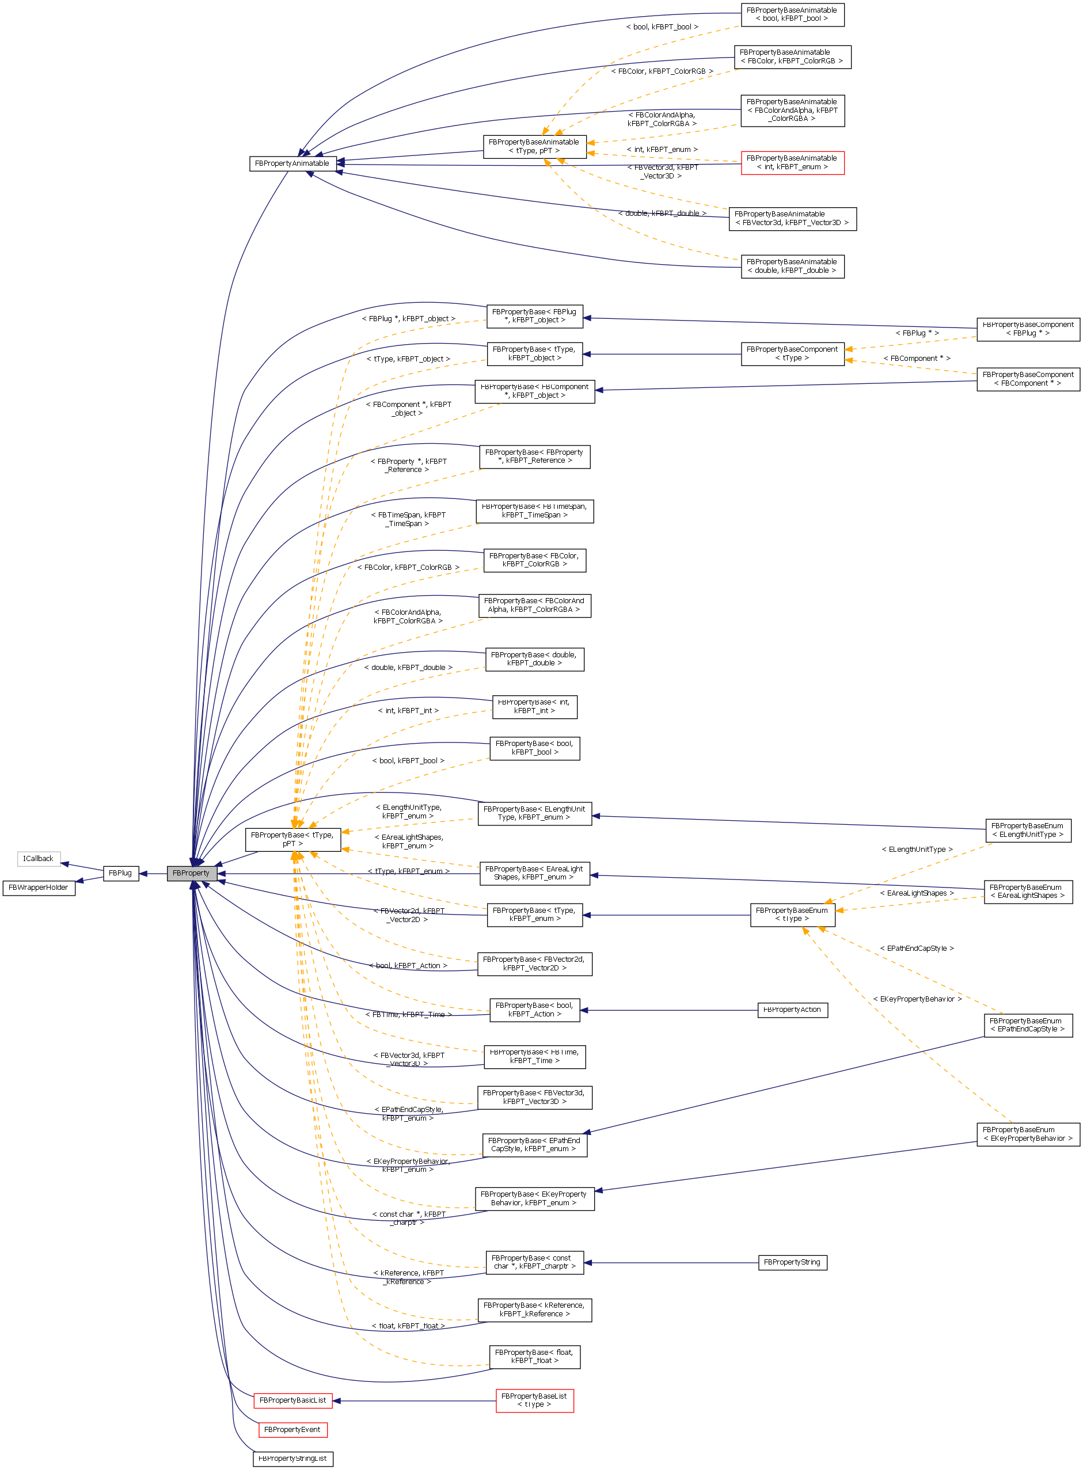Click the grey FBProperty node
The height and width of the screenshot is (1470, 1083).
tap(191, 873)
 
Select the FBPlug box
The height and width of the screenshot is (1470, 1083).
tap(121, 873)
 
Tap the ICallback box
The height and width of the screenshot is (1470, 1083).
tap(39, 859)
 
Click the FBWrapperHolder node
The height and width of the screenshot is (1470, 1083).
tap(39, 888)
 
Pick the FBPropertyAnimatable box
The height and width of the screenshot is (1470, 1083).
tap(292, 163)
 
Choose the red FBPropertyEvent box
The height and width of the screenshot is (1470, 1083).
tap(292, 1429)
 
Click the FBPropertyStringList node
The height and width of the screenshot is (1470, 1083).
tap(292, 1458)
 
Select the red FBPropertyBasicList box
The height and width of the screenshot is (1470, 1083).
tap(292, 1400)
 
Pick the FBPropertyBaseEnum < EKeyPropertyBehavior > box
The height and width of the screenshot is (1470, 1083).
tap(1027, 1134)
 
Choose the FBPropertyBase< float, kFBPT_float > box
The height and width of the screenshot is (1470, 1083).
tap(534, 1357)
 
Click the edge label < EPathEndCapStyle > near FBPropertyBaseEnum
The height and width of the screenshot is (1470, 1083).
tap(917, 949)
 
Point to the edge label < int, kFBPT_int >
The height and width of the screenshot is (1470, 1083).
tap(408, 710)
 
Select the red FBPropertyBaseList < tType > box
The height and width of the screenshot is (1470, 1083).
tap(534, 1400)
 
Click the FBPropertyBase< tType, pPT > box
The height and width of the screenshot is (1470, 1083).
tap(292, 840)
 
